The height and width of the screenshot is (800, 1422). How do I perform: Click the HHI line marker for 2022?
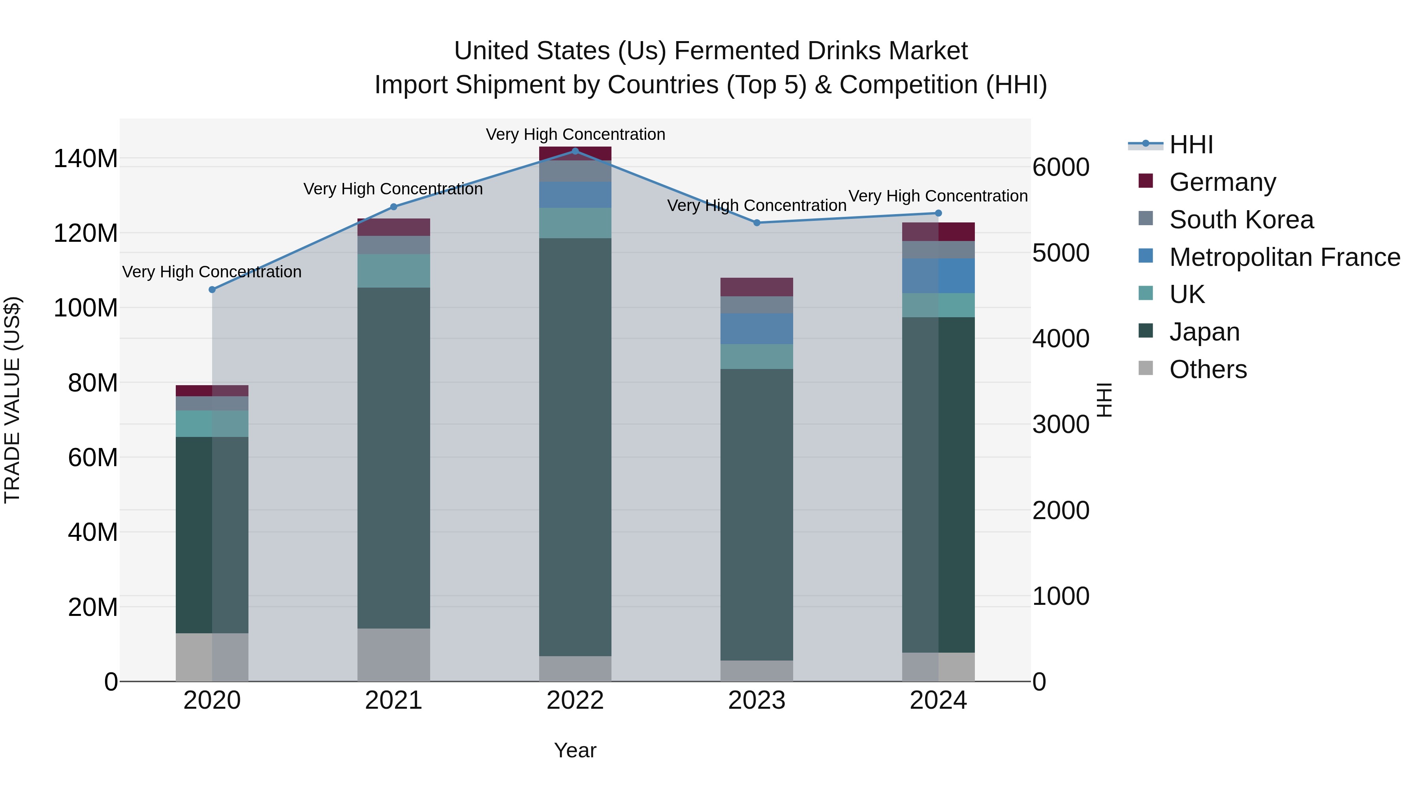[x=575, y=151]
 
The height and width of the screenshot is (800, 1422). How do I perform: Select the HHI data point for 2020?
[x=212, y=290]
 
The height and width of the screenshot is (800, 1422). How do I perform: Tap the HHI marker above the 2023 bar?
[x=757, y=223]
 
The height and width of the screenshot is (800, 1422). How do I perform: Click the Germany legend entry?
[x=1222, y=182]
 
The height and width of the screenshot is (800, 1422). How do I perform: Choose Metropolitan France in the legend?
[x=1284, y=257]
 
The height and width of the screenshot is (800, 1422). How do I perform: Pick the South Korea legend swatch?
[x=1146, y=219]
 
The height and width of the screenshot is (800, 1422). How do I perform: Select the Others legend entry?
[x=1208, y=369]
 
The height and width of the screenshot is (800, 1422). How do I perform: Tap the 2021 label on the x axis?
[x=393, y=700]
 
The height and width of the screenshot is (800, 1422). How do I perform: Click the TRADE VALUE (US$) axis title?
[x=12, y=400]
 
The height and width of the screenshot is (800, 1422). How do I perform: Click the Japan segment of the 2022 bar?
[x=575, y=447]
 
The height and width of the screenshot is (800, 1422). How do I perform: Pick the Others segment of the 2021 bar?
[x=393, y=655]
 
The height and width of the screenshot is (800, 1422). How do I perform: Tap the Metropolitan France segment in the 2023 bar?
[x=757, y=329]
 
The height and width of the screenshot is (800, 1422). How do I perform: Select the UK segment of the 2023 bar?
[x=757, y=357]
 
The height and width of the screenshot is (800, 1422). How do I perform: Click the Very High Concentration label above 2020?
[x=212, y=272]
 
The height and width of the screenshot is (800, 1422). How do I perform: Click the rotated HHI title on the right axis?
[x=1104, y=400]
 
